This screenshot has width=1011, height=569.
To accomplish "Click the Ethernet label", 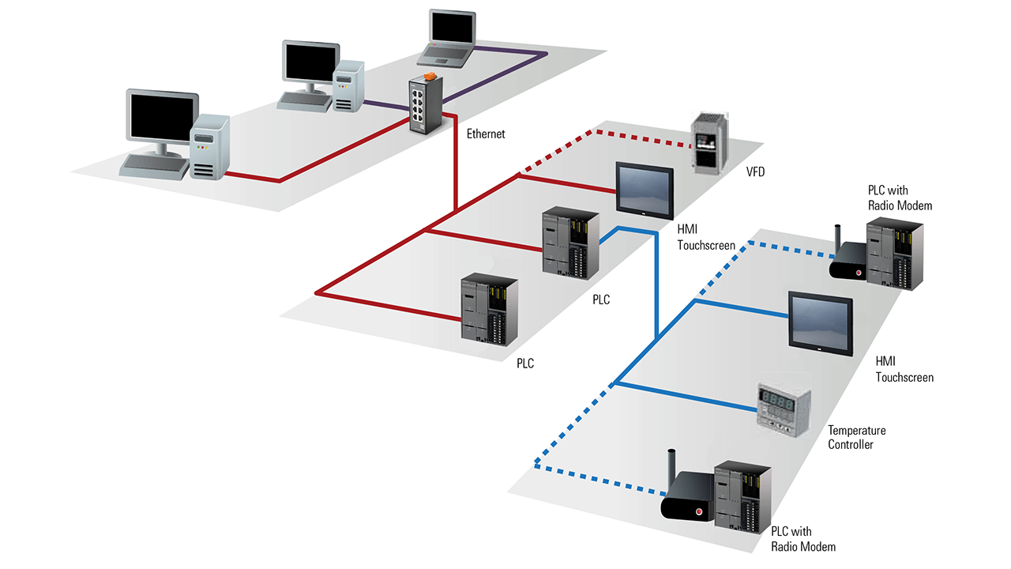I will pos(485,134).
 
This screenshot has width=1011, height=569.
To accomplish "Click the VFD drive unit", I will pos(710,142).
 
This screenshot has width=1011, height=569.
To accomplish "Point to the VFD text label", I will pos(755,171).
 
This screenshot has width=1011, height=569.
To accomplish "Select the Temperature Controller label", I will pos(856,437).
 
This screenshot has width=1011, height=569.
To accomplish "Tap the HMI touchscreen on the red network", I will pos(644,187).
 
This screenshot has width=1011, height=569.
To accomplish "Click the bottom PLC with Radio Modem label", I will pos(802,538).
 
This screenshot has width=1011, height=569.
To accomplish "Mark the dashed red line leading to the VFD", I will pos(624,135).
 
